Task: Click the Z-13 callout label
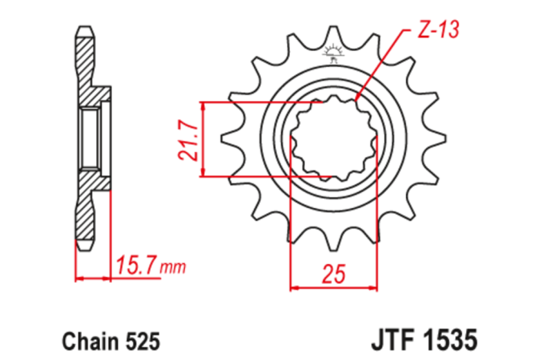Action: click(437, 31)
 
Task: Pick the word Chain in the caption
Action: click(84, 339)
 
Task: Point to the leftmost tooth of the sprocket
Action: click(229, 139)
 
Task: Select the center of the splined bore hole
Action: click(334, 139)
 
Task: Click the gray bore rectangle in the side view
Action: click(88, 139)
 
